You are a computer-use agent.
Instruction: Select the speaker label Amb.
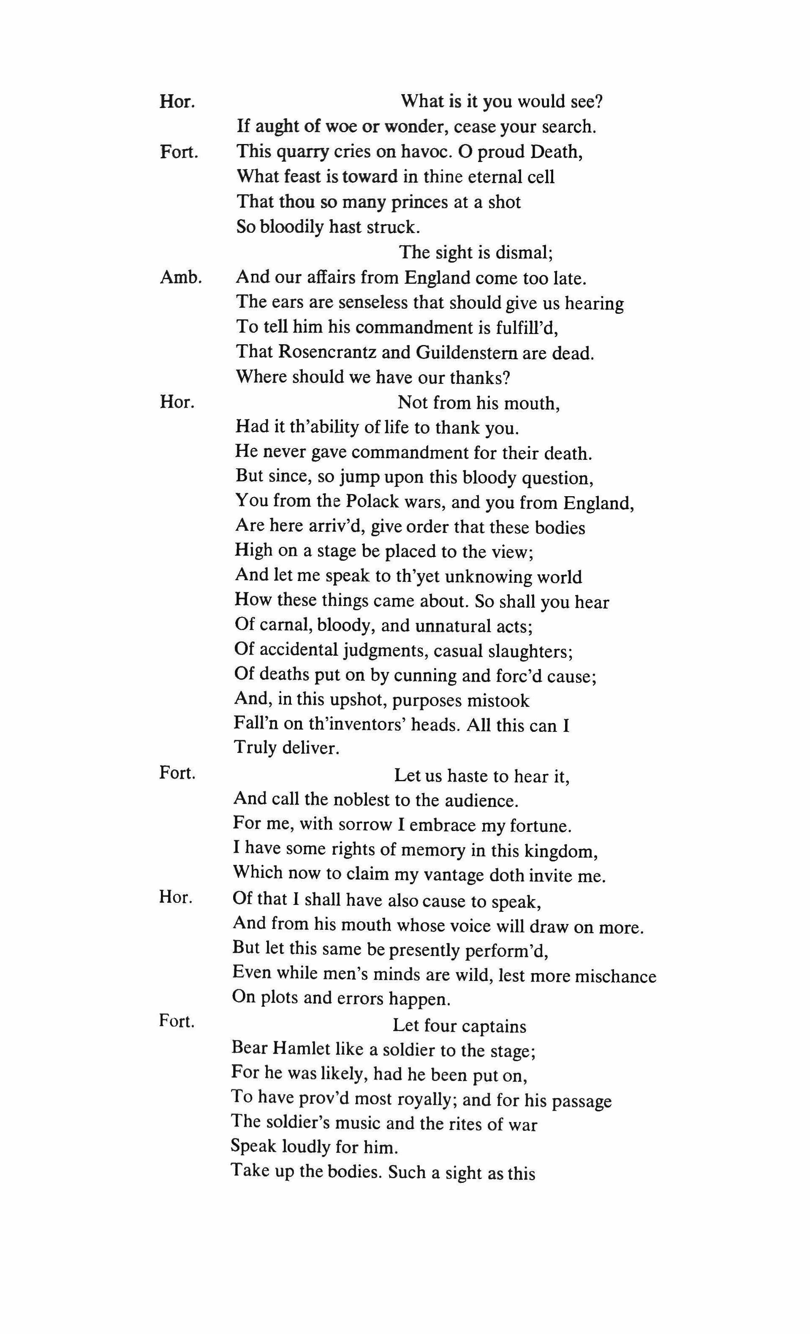coord(181,278)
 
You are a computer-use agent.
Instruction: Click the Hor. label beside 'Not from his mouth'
coord(177,402)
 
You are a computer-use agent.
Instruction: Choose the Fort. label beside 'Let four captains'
coord(177,1021)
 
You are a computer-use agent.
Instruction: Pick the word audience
coord(478,800)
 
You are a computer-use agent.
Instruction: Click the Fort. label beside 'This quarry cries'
coord(179,152)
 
